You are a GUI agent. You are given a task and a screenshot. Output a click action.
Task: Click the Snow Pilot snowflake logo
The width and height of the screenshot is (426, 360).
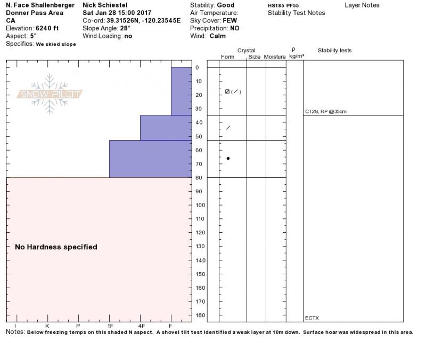point(50,94)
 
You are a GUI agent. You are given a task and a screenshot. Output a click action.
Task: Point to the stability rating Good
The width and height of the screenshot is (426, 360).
point(226,5)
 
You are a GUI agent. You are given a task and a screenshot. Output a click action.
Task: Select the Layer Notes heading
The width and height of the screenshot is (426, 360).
point(362,5)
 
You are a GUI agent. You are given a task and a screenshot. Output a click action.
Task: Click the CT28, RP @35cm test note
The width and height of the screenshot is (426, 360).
point(325,112)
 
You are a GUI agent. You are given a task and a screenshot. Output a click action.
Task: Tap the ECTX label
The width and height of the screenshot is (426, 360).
point(312,318)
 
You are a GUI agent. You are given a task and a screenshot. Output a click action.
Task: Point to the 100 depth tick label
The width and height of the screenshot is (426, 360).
point(200,205)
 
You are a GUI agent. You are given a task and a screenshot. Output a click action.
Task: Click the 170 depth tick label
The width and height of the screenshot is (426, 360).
point(200,302)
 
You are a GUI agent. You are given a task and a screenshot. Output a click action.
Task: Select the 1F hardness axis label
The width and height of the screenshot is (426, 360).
point(110,326)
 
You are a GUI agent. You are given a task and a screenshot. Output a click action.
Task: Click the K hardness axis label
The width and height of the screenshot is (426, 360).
point(47,326)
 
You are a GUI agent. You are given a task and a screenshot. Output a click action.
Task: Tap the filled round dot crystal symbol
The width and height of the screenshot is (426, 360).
point(228,158)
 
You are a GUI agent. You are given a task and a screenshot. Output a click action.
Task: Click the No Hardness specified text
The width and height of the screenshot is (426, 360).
point(56,247)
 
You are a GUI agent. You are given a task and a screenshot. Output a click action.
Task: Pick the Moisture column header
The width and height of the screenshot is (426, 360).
point(275,57)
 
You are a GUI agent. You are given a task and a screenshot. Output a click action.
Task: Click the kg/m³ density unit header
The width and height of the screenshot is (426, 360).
point(297,55)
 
